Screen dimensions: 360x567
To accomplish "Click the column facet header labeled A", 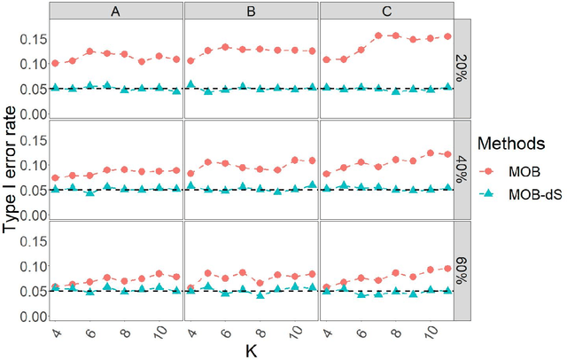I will [116, 11].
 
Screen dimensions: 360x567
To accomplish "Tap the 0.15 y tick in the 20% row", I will [33, 40].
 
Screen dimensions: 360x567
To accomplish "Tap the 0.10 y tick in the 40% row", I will [33, 166].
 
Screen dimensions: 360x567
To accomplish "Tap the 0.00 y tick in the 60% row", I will [33, 317].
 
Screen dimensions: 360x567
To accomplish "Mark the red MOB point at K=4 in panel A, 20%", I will [56, 63].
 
